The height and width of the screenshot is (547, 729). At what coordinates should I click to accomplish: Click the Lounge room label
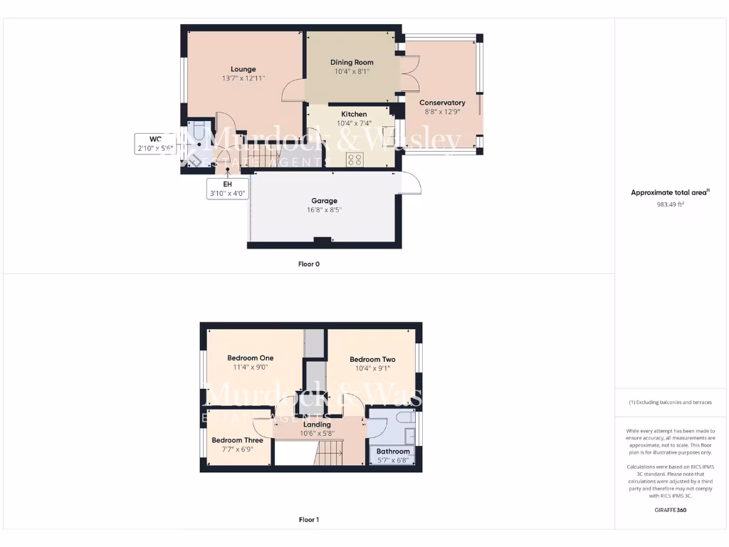[243, 69]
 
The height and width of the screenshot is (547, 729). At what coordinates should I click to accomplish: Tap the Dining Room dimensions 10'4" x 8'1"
[352, 72]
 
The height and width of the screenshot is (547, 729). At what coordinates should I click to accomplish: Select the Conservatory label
[442, 103]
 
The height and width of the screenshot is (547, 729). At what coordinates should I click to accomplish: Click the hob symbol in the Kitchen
[355, 160]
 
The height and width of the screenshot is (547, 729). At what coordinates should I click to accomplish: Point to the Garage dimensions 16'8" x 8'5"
[324, 210]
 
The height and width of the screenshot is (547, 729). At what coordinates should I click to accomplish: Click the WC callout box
[155, 144]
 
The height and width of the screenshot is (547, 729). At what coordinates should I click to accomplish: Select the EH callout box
[227, 188]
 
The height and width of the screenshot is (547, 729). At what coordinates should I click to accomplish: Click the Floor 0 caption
[308, 264]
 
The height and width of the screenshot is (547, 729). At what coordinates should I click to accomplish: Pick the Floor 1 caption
[308, 520]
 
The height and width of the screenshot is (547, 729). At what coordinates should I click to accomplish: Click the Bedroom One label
[250, 358]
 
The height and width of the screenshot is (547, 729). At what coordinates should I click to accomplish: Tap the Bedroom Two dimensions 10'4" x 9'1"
[372, 369]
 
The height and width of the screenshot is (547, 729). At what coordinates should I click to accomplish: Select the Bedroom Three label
[237, 440]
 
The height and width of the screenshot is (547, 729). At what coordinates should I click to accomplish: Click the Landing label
[317, 424]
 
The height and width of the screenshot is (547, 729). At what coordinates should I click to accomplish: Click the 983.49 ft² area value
[670, 204]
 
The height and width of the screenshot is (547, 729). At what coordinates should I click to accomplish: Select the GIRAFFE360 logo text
[670, 510]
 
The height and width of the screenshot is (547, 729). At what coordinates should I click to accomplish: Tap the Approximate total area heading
[669, 192]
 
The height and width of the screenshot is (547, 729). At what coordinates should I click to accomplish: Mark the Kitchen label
[354, 114]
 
